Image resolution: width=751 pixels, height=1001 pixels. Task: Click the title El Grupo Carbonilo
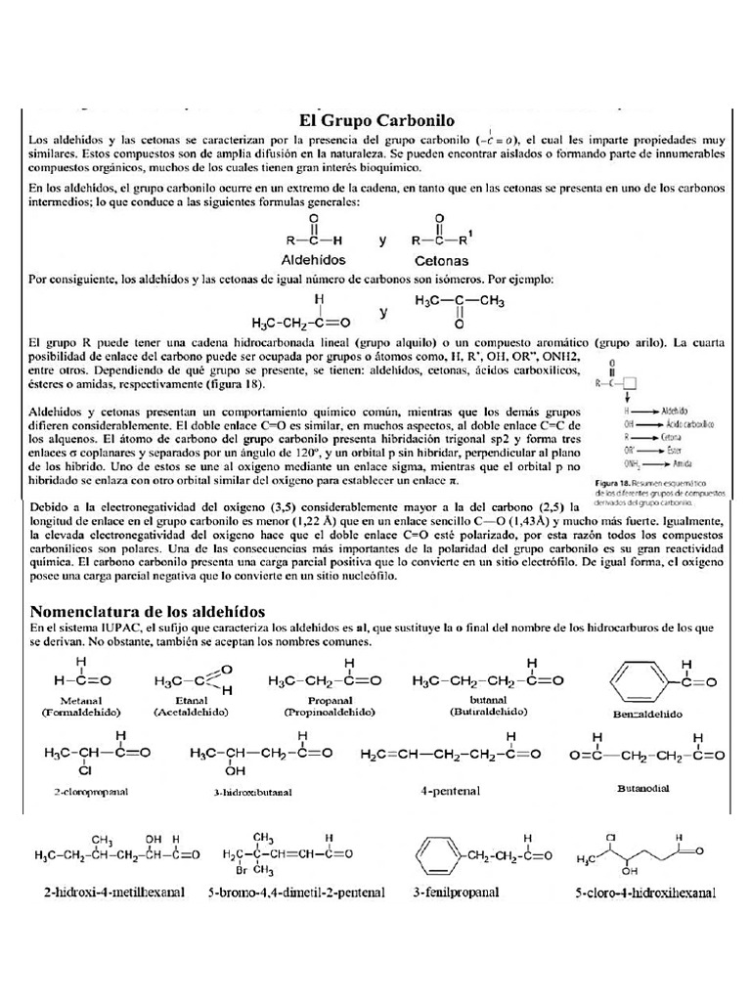(x=375, y=120)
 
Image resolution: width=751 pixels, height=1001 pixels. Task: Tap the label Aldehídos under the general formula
(x=313, y=261)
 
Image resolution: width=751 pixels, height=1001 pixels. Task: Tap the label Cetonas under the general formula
(x=441, y=261)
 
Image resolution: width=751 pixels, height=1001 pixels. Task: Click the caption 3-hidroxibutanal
(x=252, y=792)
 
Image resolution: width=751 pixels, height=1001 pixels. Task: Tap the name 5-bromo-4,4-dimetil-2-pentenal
(x=296, y=892)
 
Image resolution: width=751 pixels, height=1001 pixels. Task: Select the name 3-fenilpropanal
(x=456, y=892)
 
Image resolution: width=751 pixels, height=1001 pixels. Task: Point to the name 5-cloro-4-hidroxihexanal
(x=645, y=892)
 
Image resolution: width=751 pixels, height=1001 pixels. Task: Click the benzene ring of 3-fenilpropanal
(x=438, y=855)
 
